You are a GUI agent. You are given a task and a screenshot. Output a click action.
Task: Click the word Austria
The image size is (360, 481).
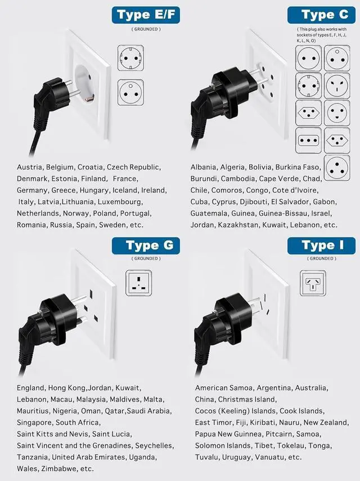click(29, 167)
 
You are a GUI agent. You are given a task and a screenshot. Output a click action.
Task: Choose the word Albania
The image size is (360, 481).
click(203, 167)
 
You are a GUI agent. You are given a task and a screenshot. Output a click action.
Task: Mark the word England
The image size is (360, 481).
click(30, 388)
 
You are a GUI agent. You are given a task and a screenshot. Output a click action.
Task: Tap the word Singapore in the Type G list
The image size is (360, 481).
click(34, 422)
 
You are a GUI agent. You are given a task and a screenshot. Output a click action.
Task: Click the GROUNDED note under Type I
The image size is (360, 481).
click(322, 259)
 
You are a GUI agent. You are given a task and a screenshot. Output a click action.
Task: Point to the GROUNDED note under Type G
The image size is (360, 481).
click(146, 259)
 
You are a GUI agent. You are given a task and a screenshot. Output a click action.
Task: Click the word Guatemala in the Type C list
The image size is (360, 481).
click(209, 213)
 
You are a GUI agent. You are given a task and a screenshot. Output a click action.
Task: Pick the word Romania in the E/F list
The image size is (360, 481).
click(32, 225)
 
